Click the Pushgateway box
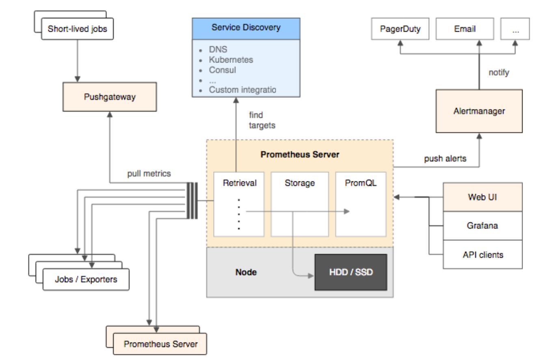point(109,97)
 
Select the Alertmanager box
point(479,111)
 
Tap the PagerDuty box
point(400,29)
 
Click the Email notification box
point(465,29)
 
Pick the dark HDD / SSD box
point(351,272)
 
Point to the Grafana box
point(482,225)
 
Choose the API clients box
point(482,254)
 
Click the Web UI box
point(482,197)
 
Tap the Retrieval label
point(240,183)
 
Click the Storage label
point(300,183)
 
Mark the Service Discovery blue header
point(246,28)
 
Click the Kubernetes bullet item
point(231,60)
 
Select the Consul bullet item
point(223,70)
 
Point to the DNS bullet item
point(218,50)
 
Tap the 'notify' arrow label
point(499,73)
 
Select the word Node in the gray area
point(246,272)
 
